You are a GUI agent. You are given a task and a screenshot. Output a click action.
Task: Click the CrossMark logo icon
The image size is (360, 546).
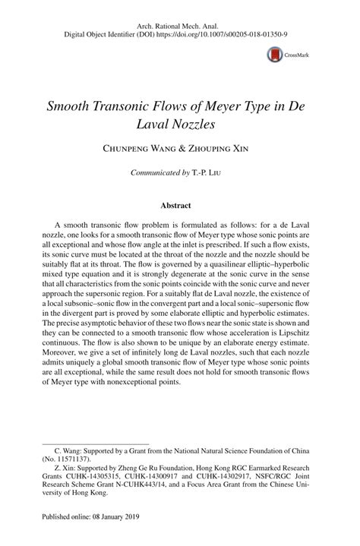click(x=273, y=54)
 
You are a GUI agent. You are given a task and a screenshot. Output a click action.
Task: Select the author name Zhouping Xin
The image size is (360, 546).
click(x=216, y=149)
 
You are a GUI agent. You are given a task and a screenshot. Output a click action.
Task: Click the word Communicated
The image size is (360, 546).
click(x=156, y=173)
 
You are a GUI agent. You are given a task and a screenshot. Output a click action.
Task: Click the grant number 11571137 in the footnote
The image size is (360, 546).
click(x=73, y=459)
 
